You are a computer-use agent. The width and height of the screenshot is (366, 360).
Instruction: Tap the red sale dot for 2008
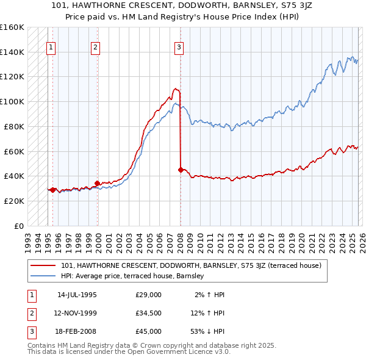coord(181,170)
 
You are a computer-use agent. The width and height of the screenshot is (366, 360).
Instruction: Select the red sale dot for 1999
coord(97,182)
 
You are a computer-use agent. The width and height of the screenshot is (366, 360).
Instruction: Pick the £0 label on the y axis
coord(18,226)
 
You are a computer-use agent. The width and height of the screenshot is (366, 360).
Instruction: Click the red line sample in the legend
coord(43,265)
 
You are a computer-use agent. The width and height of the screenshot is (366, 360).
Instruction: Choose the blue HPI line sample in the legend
coord(43,276)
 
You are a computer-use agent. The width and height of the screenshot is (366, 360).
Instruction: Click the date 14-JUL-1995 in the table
coord(77,295)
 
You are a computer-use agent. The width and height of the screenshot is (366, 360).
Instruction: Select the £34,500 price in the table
coord(149,313)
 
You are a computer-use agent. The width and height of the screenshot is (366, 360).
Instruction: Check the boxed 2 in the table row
coord(30,313)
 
